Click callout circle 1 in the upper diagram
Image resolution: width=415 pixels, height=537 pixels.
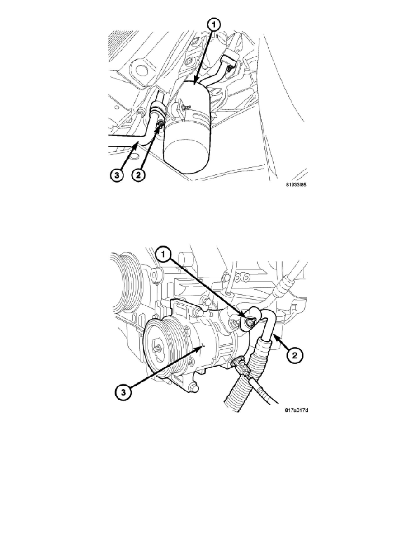coord(214,25)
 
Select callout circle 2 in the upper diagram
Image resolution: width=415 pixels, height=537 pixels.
coord(138,175)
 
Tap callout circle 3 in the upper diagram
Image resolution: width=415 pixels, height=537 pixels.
coord(117,175)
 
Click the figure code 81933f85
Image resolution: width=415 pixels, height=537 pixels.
coord(296,184)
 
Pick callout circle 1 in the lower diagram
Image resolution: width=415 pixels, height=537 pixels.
coord(163,254)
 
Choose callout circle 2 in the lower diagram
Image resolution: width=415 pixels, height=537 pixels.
coord(294,355)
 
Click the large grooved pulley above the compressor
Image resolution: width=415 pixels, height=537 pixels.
coord(125,283)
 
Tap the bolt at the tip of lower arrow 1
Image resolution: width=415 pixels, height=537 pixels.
coord(251,321)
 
